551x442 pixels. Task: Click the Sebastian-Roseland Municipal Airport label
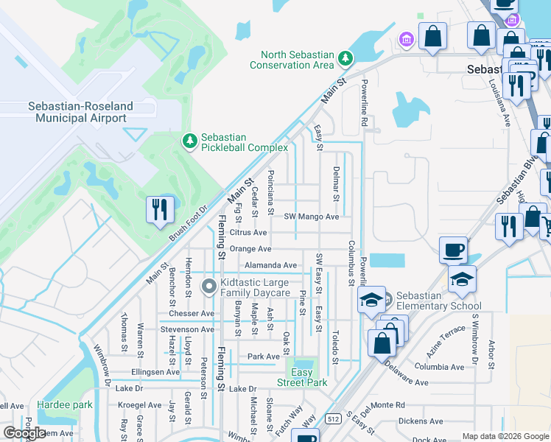pyautogui.click(x=77, y=112)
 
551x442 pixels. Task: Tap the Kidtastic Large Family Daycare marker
pyautogui.click(x=210, y=286)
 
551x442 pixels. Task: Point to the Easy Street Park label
pyautogui.click(x=302, y=377)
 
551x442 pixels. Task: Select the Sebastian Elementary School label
pyautogui.click(x=439, y=301)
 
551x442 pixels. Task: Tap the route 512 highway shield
pyautogui.click(x=334, y=418)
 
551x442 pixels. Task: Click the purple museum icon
pyautogui.click(x=405, y=38)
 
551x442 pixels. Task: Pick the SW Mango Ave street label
pyautogui.click(x=312, y=217)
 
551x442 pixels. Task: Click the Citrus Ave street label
pyautogui.click(x=248, y=232)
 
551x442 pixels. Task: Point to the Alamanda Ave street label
pyautogui.click(x=270, y=265)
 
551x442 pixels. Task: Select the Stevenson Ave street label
pyautogui.click(x=187, y=329)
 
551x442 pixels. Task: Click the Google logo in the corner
pyautogui.click(x=24, y=433)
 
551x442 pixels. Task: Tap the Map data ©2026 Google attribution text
pyautogui.click(x=505, y=436)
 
